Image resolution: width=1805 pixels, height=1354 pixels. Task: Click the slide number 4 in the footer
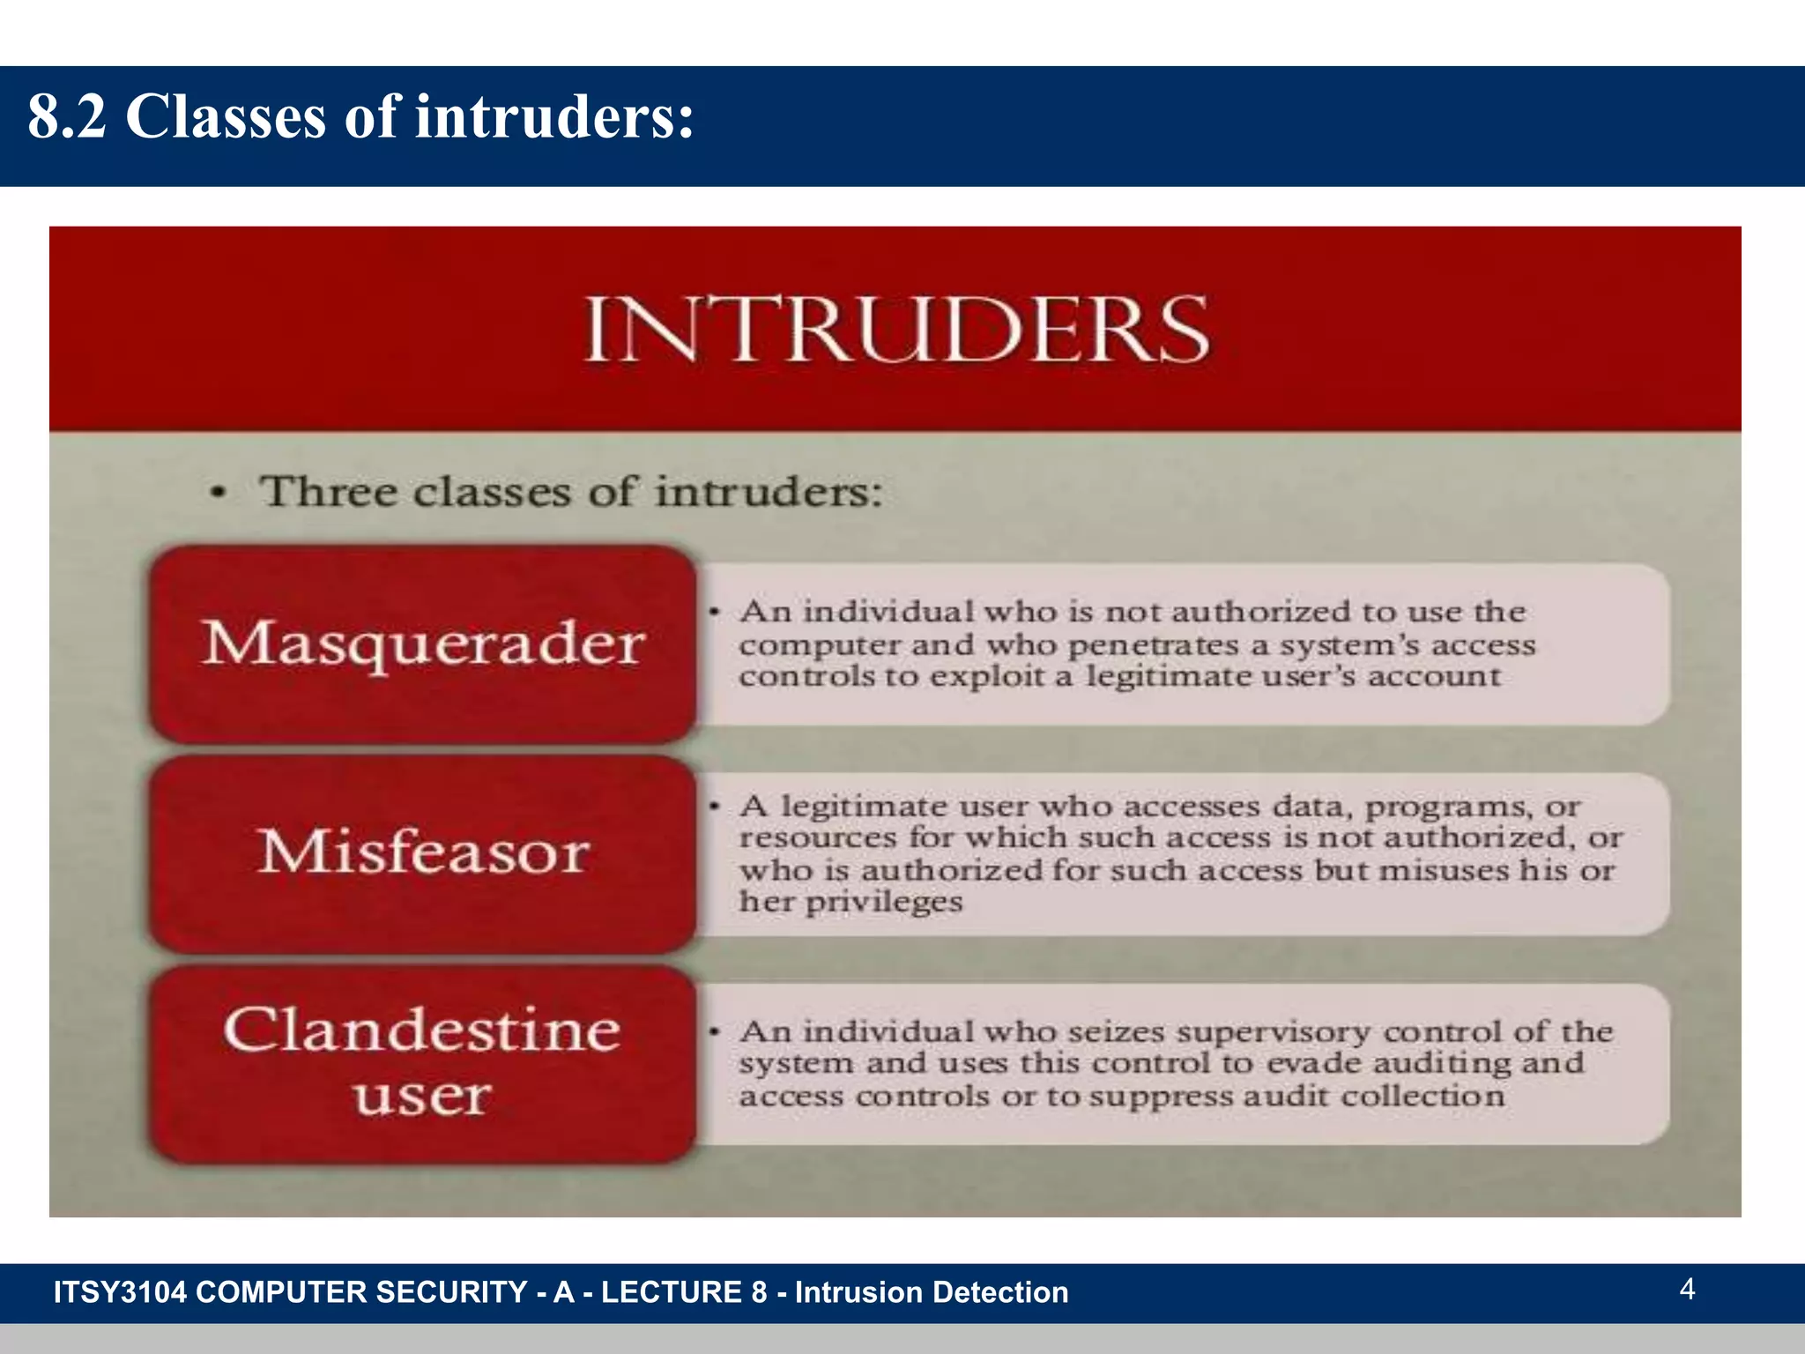pos(1687,1289)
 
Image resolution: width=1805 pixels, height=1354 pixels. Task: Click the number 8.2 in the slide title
pos(67,116)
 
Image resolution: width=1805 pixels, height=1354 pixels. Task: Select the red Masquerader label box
pos(423,644)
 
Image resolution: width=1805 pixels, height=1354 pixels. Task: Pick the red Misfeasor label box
pos(423,853)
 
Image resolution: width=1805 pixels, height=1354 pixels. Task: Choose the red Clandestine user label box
pos(423,1063)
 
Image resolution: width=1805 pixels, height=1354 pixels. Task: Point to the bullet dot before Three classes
pos(219,494)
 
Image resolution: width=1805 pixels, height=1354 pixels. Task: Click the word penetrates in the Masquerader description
pos(1154,646)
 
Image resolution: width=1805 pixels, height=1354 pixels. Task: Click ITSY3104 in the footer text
pos(120,1292)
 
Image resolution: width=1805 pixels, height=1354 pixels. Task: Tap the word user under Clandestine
pos(422,1096)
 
